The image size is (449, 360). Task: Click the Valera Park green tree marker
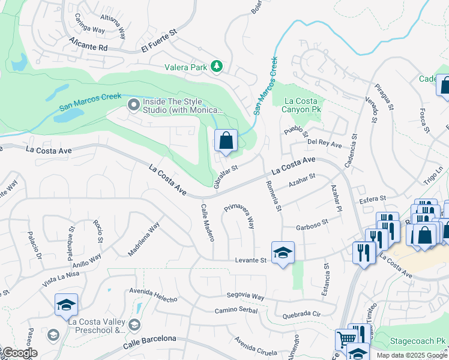point(217,67)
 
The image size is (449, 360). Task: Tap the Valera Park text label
point(186,67)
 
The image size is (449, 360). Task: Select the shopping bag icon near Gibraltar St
point(226,142)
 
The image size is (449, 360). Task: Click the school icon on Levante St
point(283,253)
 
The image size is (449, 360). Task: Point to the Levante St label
point(250,260)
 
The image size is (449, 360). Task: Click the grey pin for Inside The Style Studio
point(133,106)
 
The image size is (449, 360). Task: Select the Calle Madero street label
point(207,223)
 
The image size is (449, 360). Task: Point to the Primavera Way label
point(240,216)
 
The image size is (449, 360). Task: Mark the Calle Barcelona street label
point(150,342)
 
